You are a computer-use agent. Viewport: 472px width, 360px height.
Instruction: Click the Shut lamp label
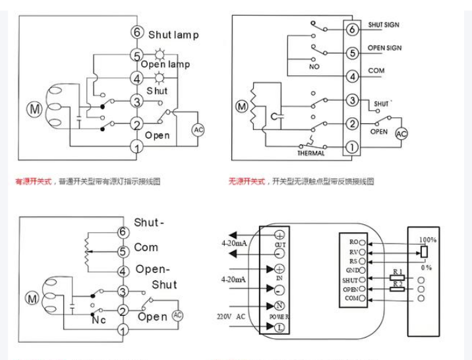click(x=173, y=35)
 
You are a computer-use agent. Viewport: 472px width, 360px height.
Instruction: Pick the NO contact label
click(x=314, y=68)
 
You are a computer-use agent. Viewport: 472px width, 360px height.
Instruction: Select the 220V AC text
click(x=231, y=316)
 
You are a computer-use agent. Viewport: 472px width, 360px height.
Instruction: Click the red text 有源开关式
click(x=36, y=180)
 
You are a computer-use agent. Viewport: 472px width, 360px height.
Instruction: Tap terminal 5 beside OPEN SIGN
click(x=352, y=52)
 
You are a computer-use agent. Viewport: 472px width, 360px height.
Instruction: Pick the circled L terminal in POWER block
click(x=280, y=327)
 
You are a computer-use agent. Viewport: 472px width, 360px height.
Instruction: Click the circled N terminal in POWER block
click(x=280, y=305)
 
